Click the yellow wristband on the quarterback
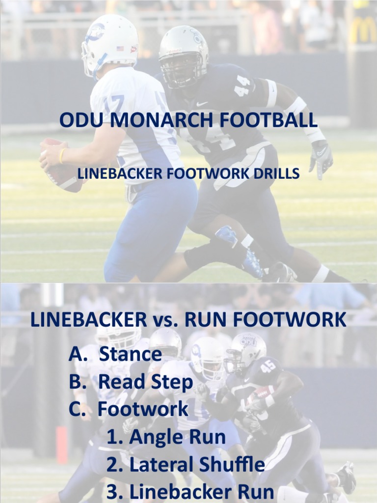coord(62,156)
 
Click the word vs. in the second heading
coord(165,320)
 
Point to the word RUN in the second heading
coord(206,320)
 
